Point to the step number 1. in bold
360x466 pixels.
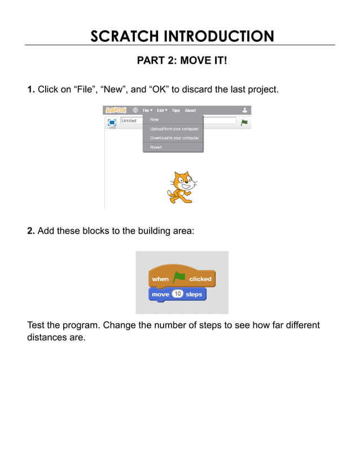pyautogui.click(x=31, y=89)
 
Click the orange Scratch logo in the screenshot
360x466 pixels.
pyautogui.click(x=116, y=111)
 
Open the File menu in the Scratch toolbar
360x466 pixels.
pyautogui.click(x=147, y=111)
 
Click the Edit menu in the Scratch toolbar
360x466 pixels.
pyautogui.click(x=162, y=111)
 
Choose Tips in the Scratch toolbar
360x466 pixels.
pyautogui.click(x=176, y=111)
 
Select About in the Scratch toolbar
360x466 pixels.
pyautogui.click(x=191, y=111)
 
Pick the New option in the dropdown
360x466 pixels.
pyautogui.click(x=154, y=120)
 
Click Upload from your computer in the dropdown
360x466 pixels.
pyautogui.click(x=174, y=129)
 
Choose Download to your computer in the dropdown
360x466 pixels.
pyautogui.click(x=174, y=138)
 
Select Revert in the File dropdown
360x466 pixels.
pyautogui.click(x=156, y=147)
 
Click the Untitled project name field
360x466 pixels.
pyautogui.click(x=131, y=121)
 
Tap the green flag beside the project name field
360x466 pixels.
pyautogui.click(x=244, y=122)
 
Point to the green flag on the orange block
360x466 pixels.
pyautogui.click(x=179, y=278)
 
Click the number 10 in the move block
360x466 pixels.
pyautogui.click(x=177, y=294)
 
